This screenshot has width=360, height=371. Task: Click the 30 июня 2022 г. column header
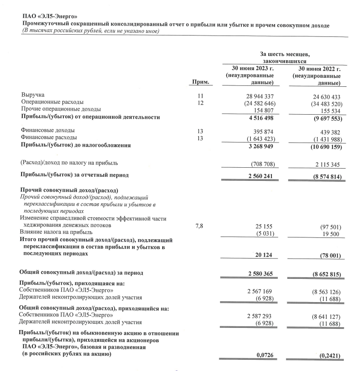click(319, 69)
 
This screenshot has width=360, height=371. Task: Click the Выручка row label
click(33, 96)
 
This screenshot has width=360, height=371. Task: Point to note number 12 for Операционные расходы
click(200, 103)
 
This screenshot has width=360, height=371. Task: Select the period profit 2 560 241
click(256, 176)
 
